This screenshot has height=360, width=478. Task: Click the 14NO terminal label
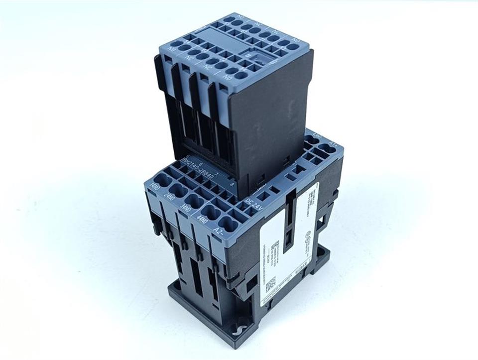155,187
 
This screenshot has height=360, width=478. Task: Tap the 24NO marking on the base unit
170,198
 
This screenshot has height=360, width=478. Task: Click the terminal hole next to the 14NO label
163,178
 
